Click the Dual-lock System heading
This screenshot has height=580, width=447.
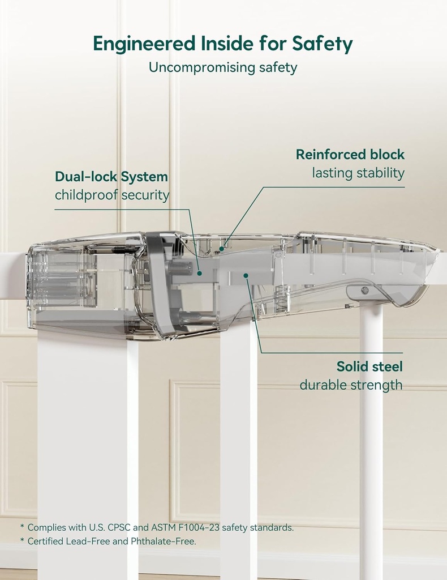pyautogui.click(x=111, y=176)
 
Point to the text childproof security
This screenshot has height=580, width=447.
pyautogui.click(x=112, y=195)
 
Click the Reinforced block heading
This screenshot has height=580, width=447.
pyautogui.click(x=350, y=154)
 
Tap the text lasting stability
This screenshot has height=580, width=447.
pyautogui.click(x=358, y=173)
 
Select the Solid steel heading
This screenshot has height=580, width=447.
pyautogui.click(x=369, y=366)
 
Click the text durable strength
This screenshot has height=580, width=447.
pyautogui.click(x=351, y=385)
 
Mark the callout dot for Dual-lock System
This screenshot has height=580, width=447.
pyautogui.click(x=199, y=272)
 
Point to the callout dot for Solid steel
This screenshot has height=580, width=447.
pyautogui.click(x=246, y=275)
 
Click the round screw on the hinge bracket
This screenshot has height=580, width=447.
pyautogui.click(x=365, y=291)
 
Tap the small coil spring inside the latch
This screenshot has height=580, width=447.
pyautogui.click(x=128, y=249)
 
